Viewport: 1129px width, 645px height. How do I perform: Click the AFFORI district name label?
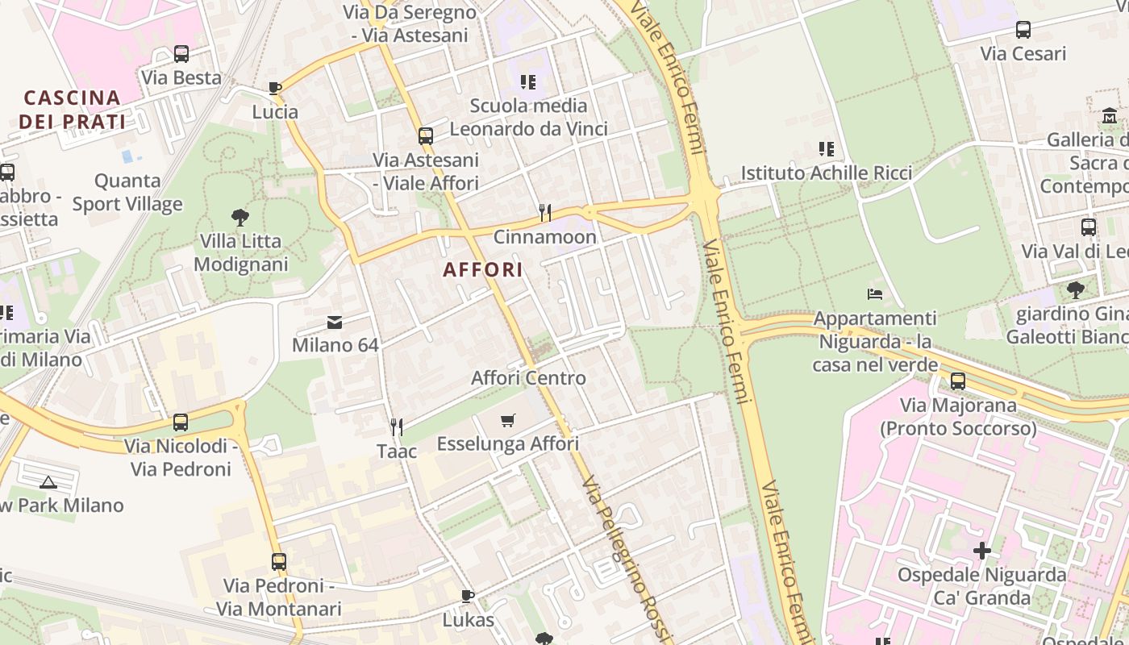483,269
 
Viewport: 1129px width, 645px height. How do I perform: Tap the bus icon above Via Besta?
181,54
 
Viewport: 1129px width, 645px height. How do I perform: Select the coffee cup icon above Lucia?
275,88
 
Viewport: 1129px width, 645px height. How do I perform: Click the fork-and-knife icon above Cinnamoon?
545,213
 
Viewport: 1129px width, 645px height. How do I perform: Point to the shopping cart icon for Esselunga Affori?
507,420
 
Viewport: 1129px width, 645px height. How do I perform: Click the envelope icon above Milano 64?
335,322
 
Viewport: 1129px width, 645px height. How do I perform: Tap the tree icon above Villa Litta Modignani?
240,217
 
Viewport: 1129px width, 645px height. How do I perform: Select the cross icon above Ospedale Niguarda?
981,551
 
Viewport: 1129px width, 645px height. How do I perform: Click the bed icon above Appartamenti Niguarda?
875,294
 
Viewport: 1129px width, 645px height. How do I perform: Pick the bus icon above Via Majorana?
958,381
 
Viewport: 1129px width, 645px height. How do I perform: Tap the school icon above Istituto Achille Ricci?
827,149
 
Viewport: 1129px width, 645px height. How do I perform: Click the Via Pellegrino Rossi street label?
626,556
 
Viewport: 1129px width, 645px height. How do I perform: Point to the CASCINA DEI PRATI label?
73,110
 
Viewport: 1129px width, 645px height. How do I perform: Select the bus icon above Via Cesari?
1023,30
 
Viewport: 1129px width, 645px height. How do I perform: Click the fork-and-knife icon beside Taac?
396,427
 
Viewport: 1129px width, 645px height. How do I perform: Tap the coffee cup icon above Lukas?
468,596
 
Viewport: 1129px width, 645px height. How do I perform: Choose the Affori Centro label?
528,377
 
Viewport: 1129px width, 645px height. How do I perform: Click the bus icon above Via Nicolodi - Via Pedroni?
181,422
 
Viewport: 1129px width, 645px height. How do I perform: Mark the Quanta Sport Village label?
127,192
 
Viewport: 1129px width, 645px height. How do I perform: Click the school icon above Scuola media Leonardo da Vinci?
528,81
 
